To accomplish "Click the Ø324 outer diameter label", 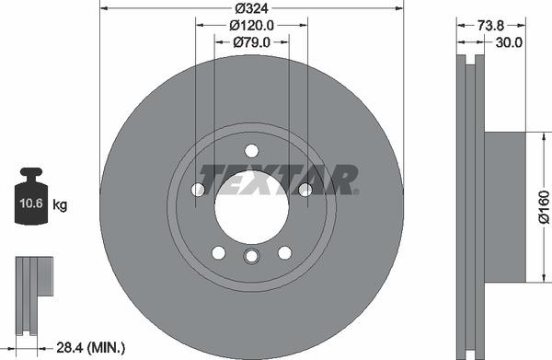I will pyautogui.click(x=251, y=8).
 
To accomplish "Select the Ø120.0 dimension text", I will pyautogui.click(x=251, y=25).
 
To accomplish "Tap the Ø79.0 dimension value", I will pyautogui.click(x=251, y=42).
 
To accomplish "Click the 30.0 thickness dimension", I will pyautogui.click(x=509, y=42).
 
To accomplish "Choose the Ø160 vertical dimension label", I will pyautogui.click(x=543, y=206).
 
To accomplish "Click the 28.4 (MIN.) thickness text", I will pyautogui.click(x=90, y=346).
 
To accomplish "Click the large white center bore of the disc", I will pyautogui.click(x=251, y=203).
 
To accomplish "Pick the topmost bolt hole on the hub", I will pyautogui.click(x=251, y=151).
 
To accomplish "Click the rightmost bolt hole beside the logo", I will pyautogui.click(x=305, y=190).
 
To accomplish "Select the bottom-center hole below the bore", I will pyautogui.click(x=251, y=259).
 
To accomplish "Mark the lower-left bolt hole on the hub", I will pyautogui.click(x=219, y=252).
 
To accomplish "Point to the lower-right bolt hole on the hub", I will pyautogui.click(x=284, y=252).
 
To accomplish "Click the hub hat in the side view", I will pyautogui.click(x=505, y=206).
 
